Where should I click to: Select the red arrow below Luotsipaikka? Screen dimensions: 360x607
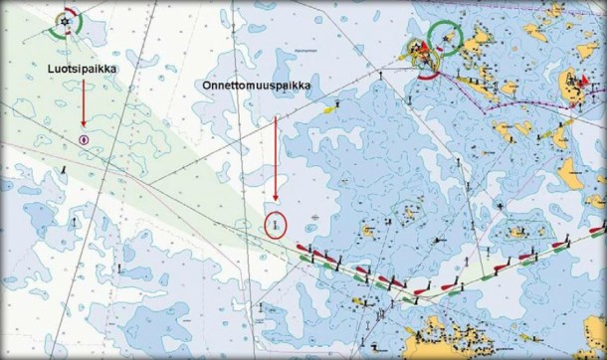pyautogui.click(x=85, y=103)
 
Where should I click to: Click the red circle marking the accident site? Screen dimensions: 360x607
pyautogui.click(x=275, y=225)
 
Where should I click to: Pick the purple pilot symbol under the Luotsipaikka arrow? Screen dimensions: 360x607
pyautogui.click(x=85, y=138)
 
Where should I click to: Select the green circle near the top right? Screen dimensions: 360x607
pyautogui.click(x=445, y=39)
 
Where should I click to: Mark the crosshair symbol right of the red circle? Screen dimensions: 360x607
pyautogui.click(x=315, y=215)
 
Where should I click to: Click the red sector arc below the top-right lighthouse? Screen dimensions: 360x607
pyautogui.click(x=426, y=72)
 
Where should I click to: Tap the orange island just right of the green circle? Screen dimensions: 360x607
pyautogui.click(x=482, y=42)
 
